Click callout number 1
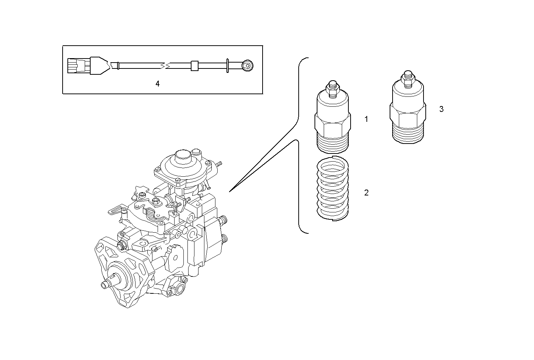(366, 119)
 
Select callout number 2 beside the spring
(366, 193)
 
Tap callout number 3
(441, 109)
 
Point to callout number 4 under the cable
(158, 84)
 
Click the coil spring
(333, 188)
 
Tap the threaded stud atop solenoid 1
(332, 88)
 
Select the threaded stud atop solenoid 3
(407, 78)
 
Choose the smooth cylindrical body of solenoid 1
(332, 105)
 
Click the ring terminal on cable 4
(247, 66)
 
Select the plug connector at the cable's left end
(78, 66)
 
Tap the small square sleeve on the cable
(194, 66)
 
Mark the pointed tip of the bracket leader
(230, 191)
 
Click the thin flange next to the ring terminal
(228, 66)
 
